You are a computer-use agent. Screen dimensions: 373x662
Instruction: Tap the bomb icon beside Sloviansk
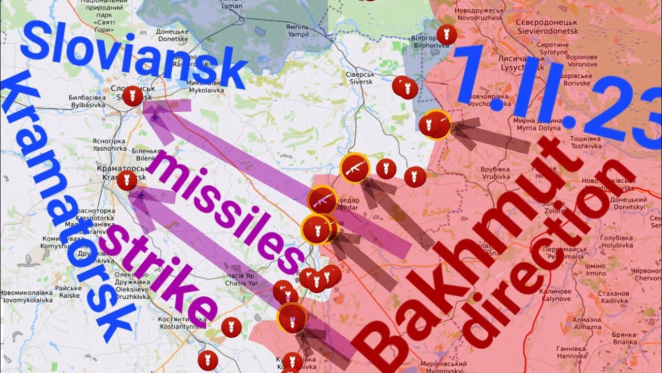click(133, 96)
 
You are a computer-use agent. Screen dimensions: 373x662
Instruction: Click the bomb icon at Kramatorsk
click(126, 180)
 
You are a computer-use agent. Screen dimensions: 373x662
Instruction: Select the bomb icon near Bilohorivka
click(446, 35)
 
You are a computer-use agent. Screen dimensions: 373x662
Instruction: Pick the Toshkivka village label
click(585, 143)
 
